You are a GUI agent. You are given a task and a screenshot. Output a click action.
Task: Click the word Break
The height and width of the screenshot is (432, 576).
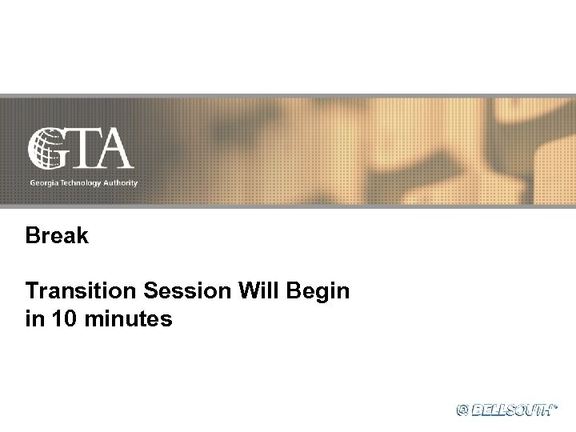(57, 237)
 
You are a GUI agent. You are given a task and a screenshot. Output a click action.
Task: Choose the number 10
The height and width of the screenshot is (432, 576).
(66, 319)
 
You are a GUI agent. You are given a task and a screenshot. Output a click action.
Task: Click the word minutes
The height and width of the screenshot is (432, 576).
(130, 319)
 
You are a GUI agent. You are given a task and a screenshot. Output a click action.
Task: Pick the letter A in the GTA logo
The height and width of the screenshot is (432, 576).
(114, 149)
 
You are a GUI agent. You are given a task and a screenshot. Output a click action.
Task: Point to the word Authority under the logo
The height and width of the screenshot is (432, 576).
(121, 183)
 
